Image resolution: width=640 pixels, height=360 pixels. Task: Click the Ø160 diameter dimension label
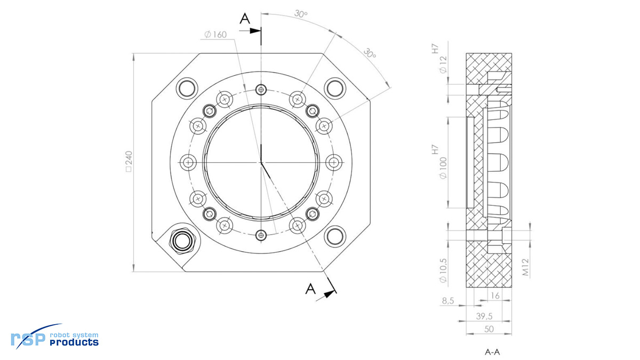215,35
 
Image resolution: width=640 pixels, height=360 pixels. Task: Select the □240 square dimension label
129,162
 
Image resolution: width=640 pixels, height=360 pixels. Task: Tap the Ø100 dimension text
443,168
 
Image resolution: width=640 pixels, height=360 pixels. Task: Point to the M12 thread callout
526,267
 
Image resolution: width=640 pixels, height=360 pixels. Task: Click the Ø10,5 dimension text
443,270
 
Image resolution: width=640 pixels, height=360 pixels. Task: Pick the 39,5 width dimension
484,316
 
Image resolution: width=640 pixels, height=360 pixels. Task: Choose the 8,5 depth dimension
448,301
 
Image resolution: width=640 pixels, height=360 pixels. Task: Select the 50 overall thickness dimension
489,329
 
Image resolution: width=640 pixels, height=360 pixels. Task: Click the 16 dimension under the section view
495,295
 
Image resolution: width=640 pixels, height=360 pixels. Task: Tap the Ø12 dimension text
443,65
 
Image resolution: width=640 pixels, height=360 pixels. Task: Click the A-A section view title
492,352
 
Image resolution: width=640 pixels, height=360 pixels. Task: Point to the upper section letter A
245,19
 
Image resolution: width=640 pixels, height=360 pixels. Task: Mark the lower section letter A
310,289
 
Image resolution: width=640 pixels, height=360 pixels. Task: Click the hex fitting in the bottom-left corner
182,241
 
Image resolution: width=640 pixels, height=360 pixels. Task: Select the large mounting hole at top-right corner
335,89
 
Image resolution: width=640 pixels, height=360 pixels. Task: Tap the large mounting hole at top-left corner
187,89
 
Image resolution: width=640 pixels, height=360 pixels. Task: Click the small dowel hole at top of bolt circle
261,90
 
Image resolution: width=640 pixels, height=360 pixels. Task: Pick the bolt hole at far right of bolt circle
334,163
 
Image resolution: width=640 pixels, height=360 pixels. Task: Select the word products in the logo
74,342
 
